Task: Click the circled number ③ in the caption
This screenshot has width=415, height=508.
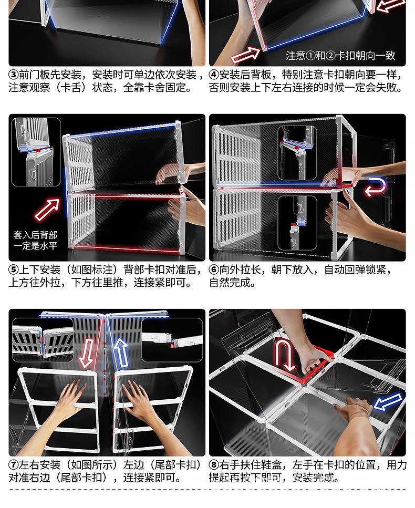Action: click(x=14, y=75)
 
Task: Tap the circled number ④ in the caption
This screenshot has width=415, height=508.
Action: click(x=214, y=75)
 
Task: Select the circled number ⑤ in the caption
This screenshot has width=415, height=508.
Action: click(x=14, y=270)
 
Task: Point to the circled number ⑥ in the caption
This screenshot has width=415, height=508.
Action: click(x=214, y=270)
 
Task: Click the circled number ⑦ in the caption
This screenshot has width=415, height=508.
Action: click(x=14, y=465)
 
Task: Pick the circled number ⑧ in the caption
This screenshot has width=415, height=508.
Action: click(x=214, y=465)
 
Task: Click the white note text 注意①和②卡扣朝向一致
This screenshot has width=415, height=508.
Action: click(x=340, y=56)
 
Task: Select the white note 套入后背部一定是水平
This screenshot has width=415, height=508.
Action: click(x=35, y=241)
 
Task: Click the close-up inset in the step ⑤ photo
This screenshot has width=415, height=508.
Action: click(x=36, y=152)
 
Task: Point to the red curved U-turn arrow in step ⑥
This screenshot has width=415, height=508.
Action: click(x=376, y=187)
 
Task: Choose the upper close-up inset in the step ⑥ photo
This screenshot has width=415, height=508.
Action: click(x=297, y=145)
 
